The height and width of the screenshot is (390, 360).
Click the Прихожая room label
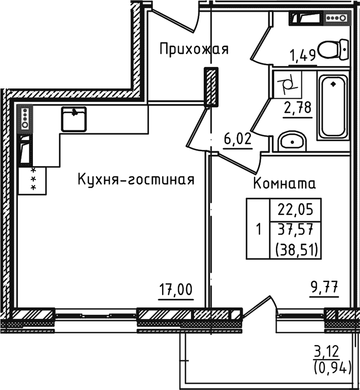tap(193, 49)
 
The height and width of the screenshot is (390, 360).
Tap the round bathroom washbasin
tap(292, 141)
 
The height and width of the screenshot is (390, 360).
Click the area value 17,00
tap(176, 291)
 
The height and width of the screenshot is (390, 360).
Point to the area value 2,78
tap(298, 109)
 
